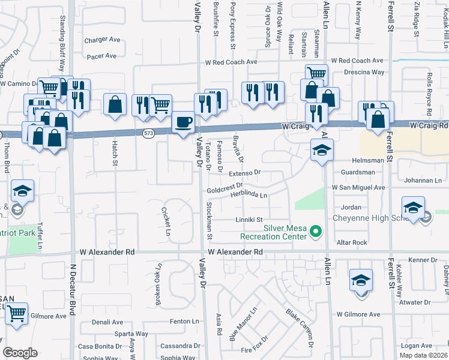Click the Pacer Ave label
(x=101, y=56)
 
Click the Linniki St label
(x=249, y=219)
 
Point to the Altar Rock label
(x=351, y=242)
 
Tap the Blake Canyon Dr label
(x=300, y=329)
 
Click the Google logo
(x=20, y=353)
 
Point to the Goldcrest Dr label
(x=224, y=188)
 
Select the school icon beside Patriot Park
(x=22, y=191)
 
